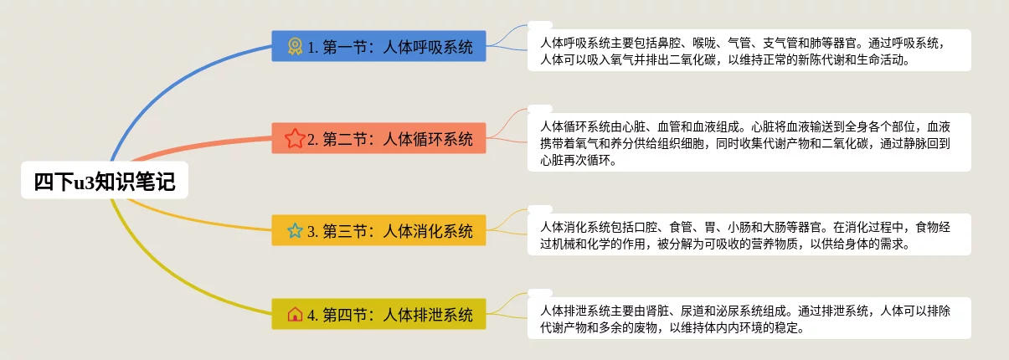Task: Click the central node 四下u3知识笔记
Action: (x=105, y=180)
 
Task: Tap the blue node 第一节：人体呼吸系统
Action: (x=378, y=46)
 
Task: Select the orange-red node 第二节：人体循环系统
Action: (x=378, y=138)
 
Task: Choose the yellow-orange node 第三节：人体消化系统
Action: (x=378, y=230)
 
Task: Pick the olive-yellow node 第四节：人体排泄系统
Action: (x=378, y=314)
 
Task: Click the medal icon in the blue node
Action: (x=295, y=46)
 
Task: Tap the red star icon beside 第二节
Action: (x=295, y=138)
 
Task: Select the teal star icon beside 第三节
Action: (x=295, y=230)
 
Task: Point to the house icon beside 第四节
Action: (x=295, y=314)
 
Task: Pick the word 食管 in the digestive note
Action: (x=681, y=227)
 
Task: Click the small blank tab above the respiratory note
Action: (x=540, y=25)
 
